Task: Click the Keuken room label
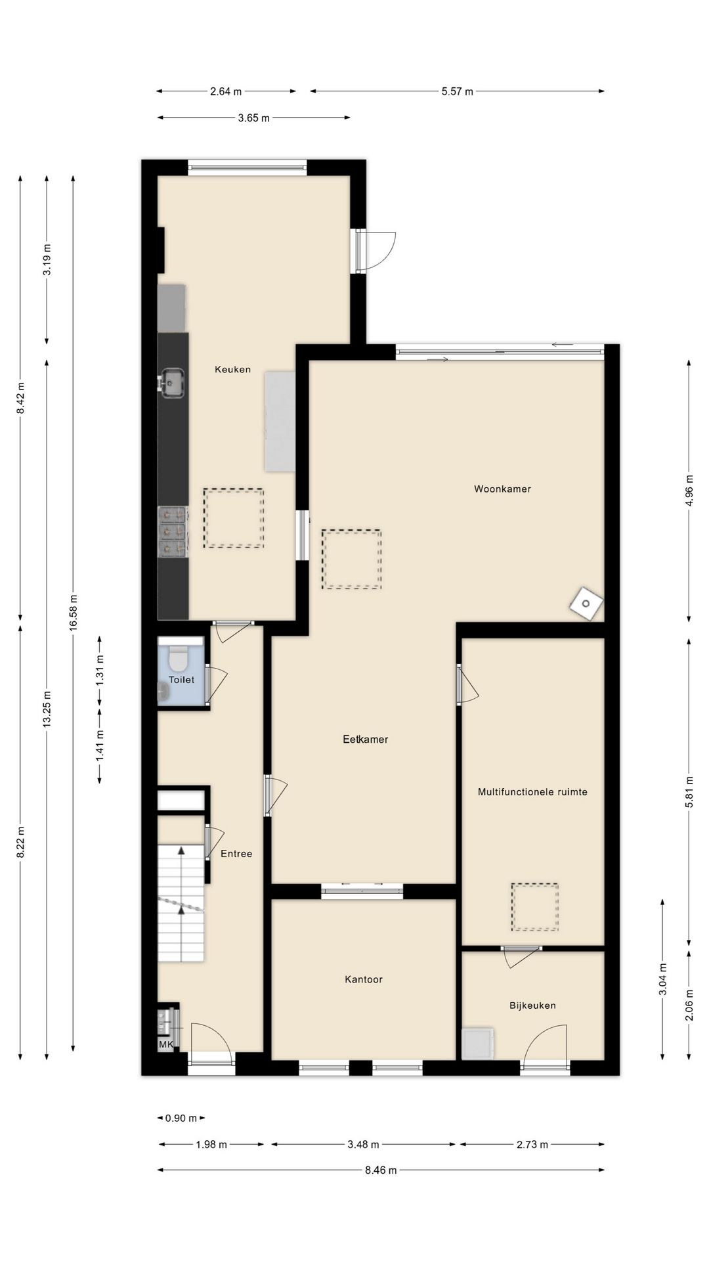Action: (x=232, y=370)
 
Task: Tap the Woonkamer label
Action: (x=502, y=489)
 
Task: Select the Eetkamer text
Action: (x=365, y=740)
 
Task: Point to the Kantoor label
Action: (x=363, y=979)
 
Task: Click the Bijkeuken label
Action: (x=532, y=1006)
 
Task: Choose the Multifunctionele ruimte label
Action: (x=532, y=792)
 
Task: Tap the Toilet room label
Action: (x=181, y=680)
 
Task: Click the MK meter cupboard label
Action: (x=165, y=1044)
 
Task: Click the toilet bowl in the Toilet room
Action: (x=178, y=657)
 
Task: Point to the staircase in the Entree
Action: (x=181, y=903)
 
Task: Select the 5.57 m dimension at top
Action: (x=457, y=91)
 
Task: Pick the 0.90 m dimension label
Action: (x=181, y=1118)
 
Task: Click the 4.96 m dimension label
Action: (x=689, y=490)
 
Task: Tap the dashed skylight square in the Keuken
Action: (x=233, y=518)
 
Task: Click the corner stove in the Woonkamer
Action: (x=586, y=604)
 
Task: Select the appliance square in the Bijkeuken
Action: (x=479, y=1044)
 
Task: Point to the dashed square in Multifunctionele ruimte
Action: (x=535, y=907)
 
